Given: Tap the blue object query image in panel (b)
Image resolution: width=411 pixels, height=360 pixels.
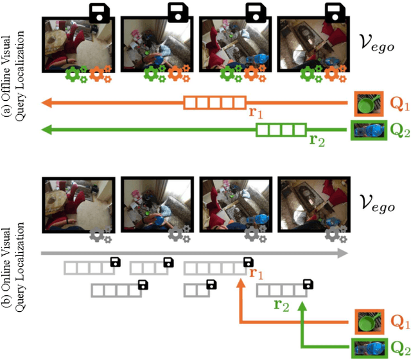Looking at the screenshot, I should pyautogui.click(x=369, y=348).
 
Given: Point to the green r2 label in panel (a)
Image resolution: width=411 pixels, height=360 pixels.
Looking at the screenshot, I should pyautogui.click(x=317, y=141).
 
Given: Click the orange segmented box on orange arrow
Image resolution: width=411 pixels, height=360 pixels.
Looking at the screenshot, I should pyautogui.click(x=214, y=101).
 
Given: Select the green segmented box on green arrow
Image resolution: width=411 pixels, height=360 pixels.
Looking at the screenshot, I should pyautogui.click(x=281, y=130).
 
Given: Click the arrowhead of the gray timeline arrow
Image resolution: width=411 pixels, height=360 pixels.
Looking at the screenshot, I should pyautogui.click(x=344, y=254).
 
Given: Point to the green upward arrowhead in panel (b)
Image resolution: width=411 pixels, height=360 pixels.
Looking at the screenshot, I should pyautogui.click(x=302, y=307).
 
